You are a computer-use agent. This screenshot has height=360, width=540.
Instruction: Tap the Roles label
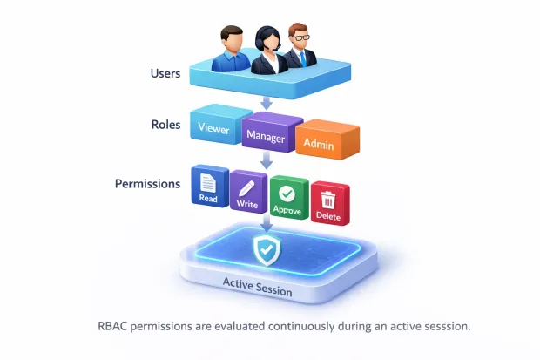165,124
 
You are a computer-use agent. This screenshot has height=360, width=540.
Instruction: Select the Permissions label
147,184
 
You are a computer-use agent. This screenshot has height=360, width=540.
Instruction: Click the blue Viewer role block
213,129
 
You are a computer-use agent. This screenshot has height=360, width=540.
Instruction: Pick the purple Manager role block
267,135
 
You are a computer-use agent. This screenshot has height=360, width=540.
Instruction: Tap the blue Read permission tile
209,187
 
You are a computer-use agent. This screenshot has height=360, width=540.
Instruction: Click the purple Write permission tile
248,191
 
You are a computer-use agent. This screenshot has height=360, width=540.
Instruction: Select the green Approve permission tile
287,197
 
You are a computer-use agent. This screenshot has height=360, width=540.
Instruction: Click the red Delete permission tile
328,201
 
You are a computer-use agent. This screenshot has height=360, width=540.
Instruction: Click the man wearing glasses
300,47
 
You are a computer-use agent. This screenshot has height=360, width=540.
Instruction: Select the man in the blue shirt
230,50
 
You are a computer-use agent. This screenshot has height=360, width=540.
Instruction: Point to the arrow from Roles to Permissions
267,160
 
